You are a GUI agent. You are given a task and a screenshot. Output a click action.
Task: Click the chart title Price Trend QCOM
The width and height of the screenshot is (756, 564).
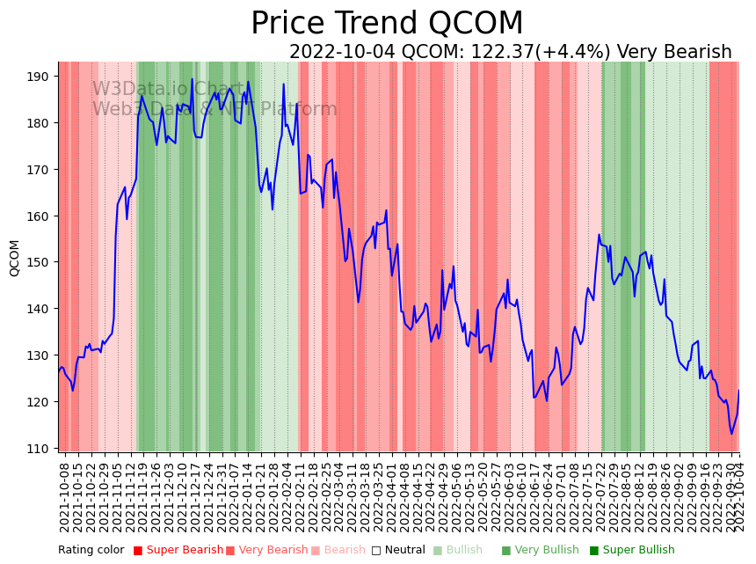387,24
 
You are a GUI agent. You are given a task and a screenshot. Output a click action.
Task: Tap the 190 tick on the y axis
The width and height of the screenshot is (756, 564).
39,77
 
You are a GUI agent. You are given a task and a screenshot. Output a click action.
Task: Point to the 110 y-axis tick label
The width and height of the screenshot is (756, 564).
39,449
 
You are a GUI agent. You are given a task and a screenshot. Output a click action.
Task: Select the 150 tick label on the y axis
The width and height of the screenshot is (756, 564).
39,262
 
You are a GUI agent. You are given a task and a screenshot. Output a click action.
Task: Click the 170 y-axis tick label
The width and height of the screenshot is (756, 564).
39,170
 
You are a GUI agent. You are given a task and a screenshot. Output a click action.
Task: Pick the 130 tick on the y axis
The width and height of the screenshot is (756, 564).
39,355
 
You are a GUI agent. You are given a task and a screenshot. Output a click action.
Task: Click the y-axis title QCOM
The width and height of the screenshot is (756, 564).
14,258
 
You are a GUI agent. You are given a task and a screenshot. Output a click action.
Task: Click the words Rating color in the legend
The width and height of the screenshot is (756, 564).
91,550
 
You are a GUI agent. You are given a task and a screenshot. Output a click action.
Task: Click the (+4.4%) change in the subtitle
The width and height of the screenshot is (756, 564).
575,53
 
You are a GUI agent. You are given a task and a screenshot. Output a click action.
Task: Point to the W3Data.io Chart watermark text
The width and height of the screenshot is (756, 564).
168,89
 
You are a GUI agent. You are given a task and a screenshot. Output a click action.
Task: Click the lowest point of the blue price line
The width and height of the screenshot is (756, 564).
731,434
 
